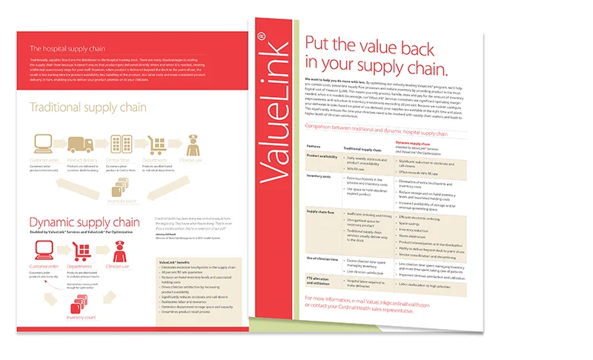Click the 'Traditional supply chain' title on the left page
tap(89, 108)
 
